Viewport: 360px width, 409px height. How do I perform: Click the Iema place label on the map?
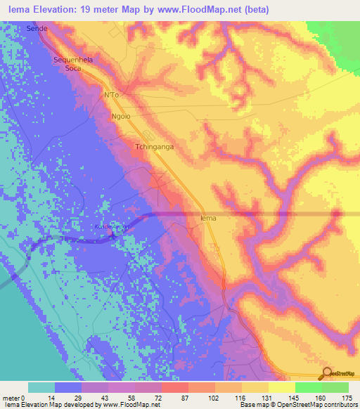click(x=208, y=219)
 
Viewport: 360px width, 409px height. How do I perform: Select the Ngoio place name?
click(x=122, y=116)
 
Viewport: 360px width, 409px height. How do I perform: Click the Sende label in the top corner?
click(x=36, y=30)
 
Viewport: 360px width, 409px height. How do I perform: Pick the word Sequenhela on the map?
click(x=73, y=60)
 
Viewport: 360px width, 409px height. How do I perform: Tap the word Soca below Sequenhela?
click(x=72, y=69)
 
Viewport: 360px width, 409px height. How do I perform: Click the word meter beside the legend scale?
click(x=11, y=398)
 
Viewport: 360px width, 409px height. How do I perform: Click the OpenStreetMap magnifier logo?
click(x=326, y=372)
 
